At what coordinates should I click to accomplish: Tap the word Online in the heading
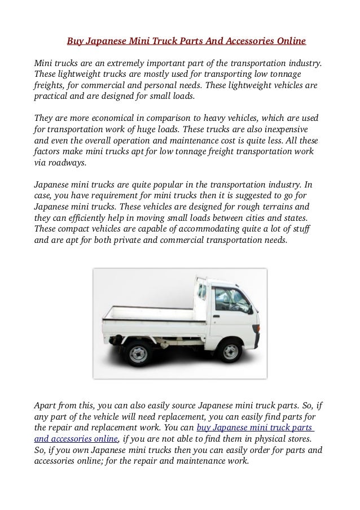point(291,41)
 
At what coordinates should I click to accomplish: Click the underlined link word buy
point(205,428)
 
